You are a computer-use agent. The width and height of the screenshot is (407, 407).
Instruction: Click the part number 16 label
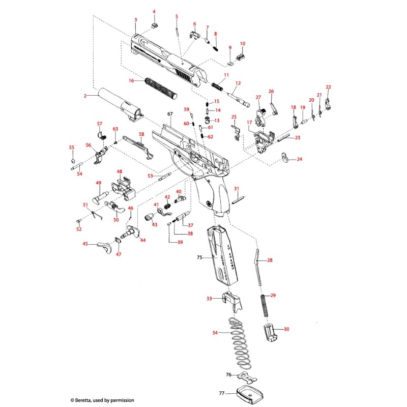click(131, 80)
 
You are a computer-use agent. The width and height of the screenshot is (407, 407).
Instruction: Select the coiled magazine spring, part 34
click(237, 342)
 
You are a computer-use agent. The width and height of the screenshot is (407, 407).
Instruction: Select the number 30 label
click(286, 329)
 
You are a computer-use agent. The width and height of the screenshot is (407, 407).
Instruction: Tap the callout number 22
click(328, 87)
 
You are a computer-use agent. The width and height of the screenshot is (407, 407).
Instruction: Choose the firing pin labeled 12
click(240, 97)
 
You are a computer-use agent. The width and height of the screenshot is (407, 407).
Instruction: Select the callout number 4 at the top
click(154, 12)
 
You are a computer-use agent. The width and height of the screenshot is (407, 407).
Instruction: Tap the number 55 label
click(72, 148)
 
